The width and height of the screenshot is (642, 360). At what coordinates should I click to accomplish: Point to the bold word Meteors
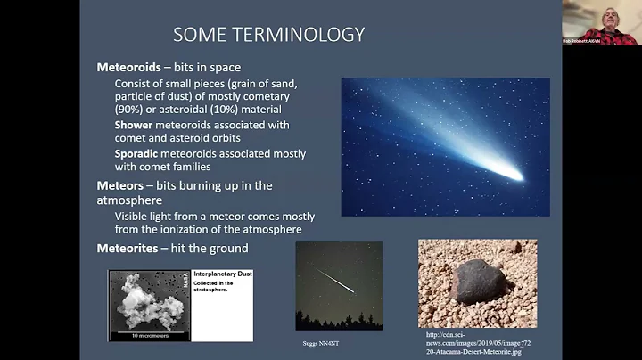click(x=123, y=185)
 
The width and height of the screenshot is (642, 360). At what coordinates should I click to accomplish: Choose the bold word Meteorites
click(x=130, y=249)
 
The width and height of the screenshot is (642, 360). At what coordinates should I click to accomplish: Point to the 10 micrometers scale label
click(x=147, y=336)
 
